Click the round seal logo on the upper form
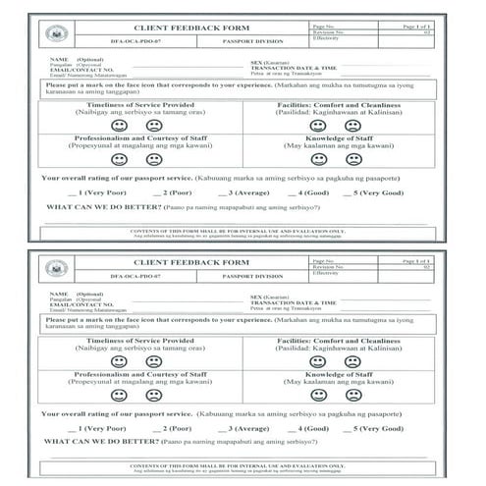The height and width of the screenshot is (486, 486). [x=57, y=34]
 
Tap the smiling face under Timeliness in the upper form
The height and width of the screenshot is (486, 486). [x=119, y=126]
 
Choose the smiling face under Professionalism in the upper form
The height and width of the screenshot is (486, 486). [x=119, y=159]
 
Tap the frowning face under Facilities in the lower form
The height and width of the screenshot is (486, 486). [x=353, y=361]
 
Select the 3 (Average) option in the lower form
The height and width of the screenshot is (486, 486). [x=241, y=429]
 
